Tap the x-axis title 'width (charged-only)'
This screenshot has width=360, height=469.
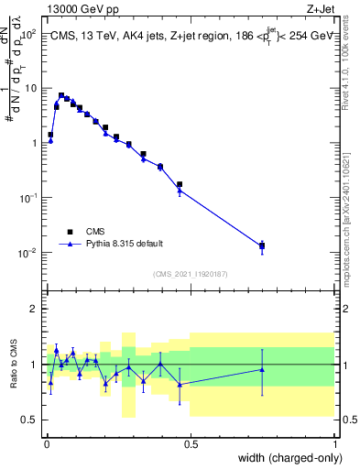point(287,458)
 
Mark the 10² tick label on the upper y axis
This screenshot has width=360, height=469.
point(28,33)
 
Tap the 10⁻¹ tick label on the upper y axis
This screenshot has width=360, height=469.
point(28,198)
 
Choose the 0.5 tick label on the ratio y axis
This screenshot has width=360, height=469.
point(29,420)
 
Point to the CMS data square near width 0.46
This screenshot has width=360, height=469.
point(180,184)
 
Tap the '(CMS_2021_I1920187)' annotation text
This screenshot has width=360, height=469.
point(190,274)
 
